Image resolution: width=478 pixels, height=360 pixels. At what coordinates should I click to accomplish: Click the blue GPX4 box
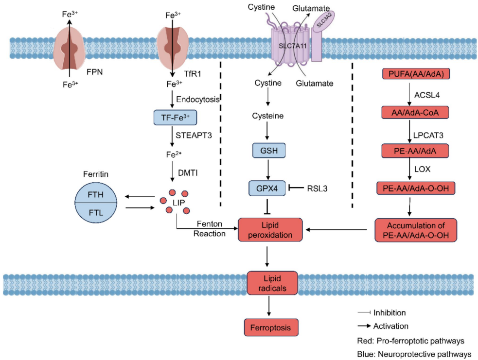[x=267, y=188]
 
